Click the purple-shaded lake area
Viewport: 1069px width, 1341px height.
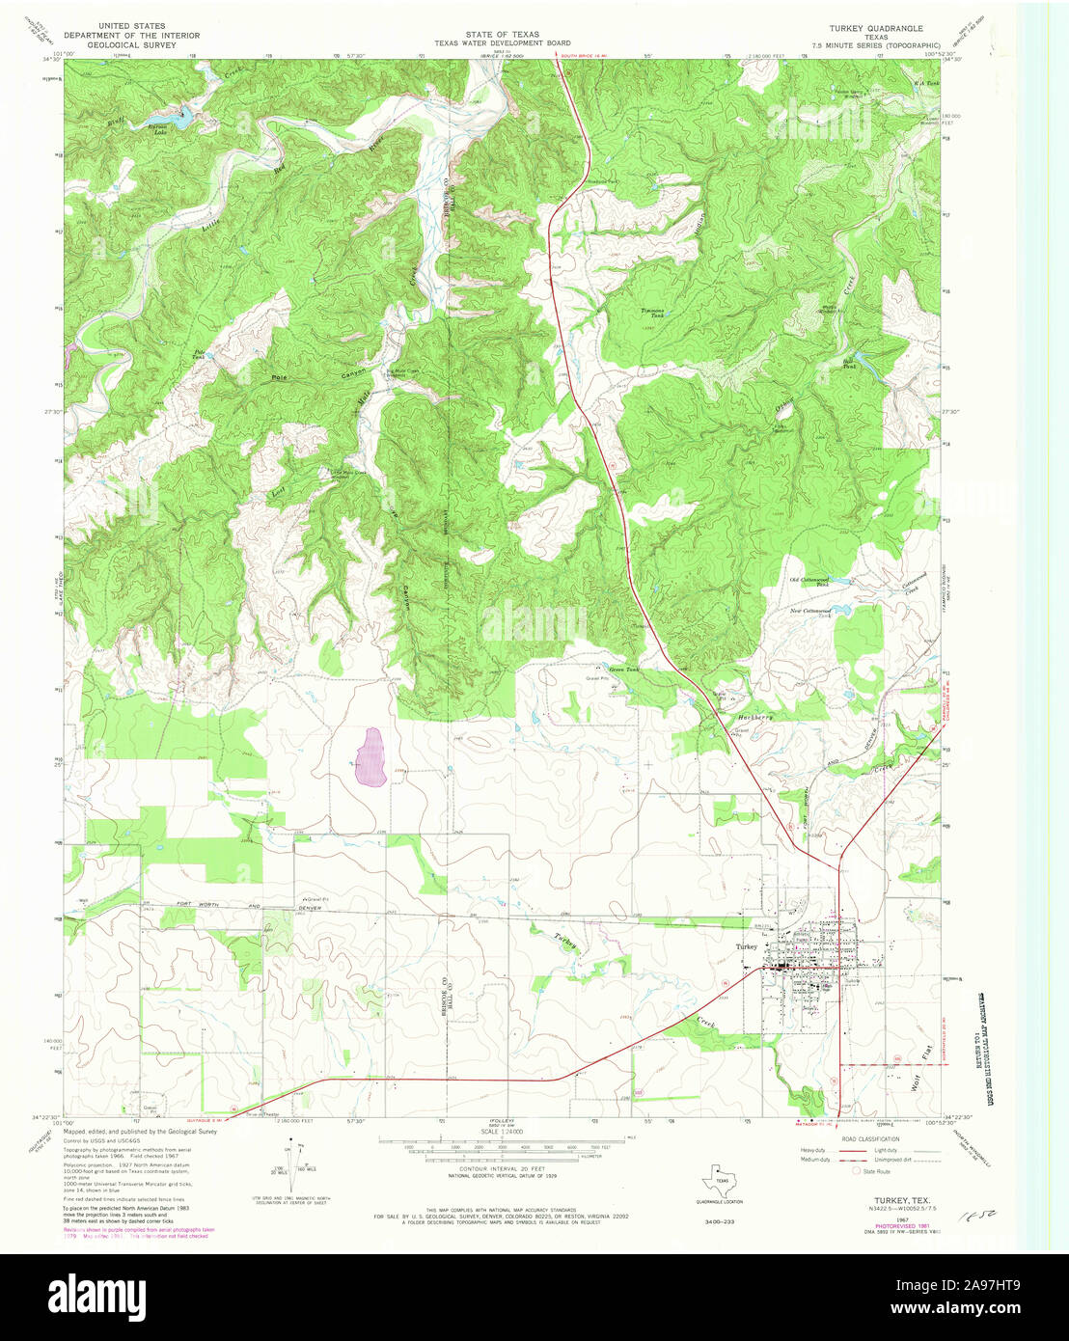click(x=370, y=755)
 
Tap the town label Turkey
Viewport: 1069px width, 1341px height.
click(x=746, y=947)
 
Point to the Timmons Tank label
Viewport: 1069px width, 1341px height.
click(x=653, y=313)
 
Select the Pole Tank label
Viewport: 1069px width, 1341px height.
click(x=200, y=354)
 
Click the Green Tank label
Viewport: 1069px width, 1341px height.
click(x=617, y=669)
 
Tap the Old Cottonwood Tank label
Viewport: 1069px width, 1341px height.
click(x=809, y=581)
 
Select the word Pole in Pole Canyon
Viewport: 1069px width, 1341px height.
click(x=281, y=376)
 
